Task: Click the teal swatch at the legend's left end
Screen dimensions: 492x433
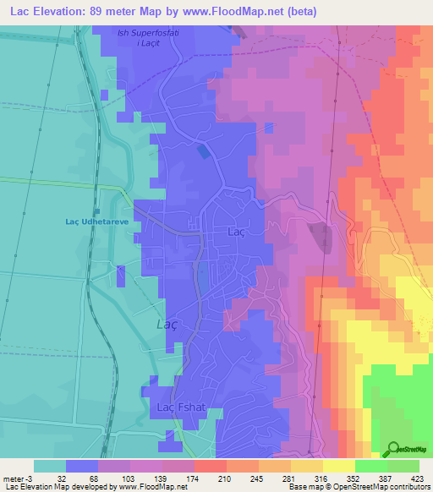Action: [50, 466]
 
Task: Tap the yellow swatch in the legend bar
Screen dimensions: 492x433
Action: [339, 466]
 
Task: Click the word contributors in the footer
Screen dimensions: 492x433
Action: [410, 487]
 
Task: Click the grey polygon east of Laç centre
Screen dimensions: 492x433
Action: [321, 237]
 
